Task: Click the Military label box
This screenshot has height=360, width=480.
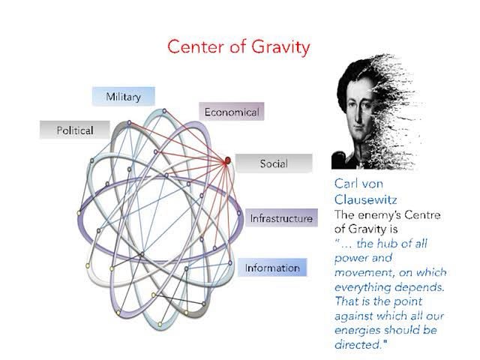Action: pos(123,97)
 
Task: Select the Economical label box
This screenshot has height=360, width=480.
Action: pos(232,112)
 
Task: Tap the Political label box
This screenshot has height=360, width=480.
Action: pos(75,130)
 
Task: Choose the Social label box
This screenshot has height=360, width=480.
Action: pos(274,163)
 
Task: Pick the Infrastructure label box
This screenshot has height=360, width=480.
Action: pos(281,218)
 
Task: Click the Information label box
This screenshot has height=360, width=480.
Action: pos(272,268)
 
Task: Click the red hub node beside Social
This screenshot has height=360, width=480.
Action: pos(227,160)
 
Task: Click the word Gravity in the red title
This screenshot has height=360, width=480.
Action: pos(280,47)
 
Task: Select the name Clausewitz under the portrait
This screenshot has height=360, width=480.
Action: pos(365,199)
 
